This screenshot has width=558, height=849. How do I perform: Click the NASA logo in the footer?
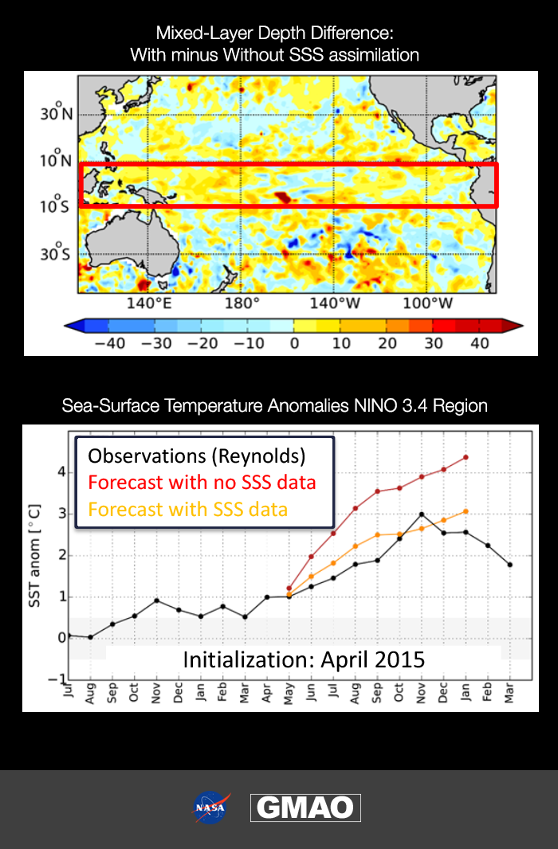point(211,808)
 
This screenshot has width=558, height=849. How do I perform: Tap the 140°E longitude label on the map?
point(149,303)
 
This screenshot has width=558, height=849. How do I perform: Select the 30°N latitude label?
point(57,113)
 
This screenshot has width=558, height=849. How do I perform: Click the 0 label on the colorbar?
point(293,342)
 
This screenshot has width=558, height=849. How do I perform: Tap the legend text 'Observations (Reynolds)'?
point(196,456)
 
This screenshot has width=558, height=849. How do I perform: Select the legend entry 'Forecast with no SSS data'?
point(202,482)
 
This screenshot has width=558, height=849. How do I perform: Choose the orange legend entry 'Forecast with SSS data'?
point(187,509)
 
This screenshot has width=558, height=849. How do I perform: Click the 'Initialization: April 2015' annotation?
point(304,659)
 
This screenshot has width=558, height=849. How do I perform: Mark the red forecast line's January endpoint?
point(466,457)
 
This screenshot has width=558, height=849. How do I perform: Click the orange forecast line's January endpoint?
point(466,511)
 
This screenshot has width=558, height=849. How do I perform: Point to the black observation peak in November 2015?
point(421,514)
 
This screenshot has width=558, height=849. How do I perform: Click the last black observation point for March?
point(509,564)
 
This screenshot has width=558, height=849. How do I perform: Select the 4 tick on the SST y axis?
point(61,471)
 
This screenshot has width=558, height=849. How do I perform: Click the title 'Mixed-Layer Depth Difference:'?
point(274,33)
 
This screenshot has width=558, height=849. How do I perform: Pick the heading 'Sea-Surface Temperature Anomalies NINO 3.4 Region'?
point(274,405)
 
